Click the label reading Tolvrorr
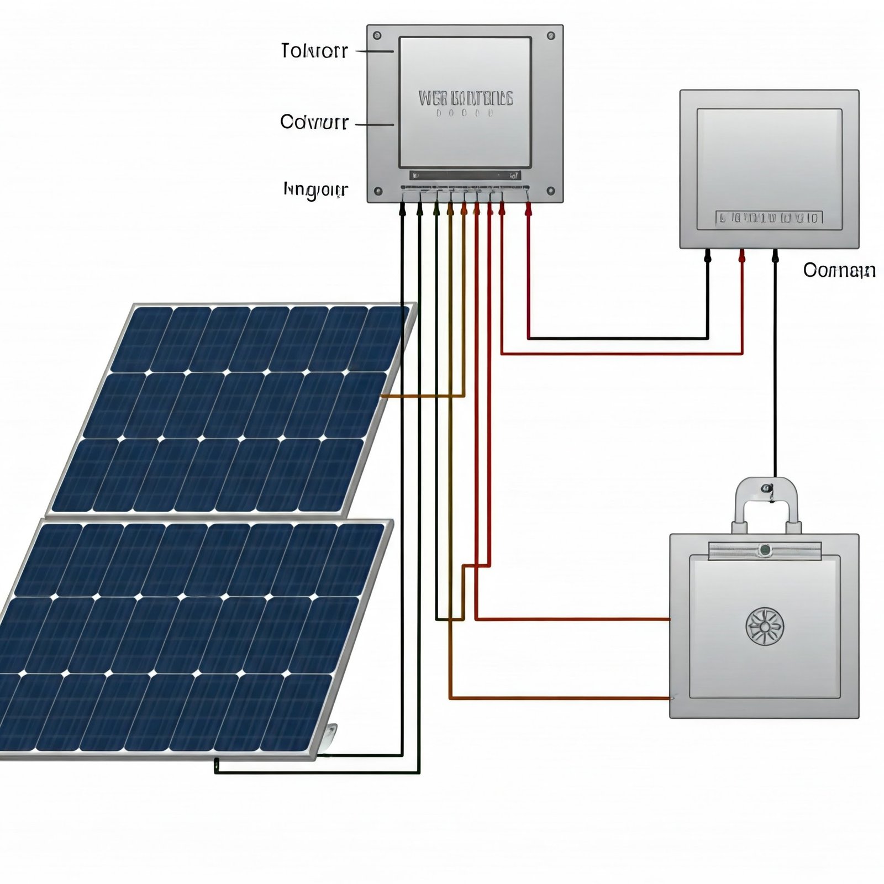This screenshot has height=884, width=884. pyautogui.click(x=314, y=51)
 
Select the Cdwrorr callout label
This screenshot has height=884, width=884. pyautogui.click(x=314, y=122)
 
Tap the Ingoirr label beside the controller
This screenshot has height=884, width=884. pyautogui.click(x=315, y=190)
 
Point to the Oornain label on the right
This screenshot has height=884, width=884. pyautogui.click(x=839, y=270)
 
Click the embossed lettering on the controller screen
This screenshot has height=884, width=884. pyautogui.click(x=465, y=99)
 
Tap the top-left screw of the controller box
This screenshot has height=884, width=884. pyautogui.click(x=377, y=36)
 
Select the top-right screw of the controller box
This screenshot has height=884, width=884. pyautogui.click(x=551, y=36)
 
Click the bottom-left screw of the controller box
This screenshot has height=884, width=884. pyautogui.click(x=378, y=192)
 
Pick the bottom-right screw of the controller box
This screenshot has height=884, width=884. pyautogui.click(x=551, y=192)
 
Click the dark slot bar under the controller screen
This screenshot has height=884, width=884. pyautogui.click(x=465, y=176)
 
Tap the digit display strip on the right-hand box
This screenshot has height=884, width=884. pyautogui.click(x=769, y=218)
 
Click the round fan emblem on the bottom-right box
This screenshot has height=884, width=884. pyautogui.click(x=765, y=627)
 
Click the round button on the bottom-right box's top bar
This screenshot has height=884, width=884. pyautogui.click(x=765, y=549)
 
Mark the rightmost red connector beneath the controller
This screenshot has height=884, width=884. pyautogui.click(x=529, y=208)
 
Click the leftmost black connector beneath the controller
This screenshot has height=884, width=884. pyautogui.click(x=402, y=209)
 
